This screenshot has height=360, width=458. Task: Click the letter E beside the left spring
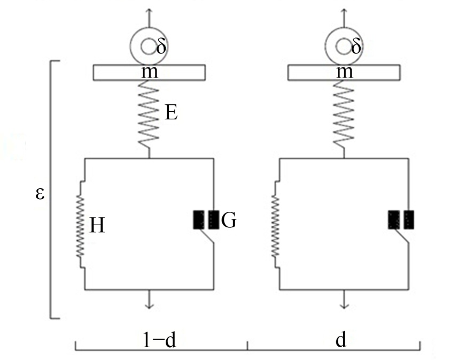click(171, 113)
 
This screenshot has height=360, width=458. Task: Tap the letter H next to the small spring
click(97, 225)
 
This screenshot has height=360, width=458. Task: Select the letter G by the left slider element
click(229, 220)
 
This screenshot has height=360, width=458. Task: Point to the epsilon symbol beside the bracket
click(40, 194)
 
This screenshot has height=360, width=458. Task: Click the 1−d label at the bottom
click(160, 340)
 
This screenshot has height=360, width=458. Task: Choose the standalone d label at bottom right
click(341, 340)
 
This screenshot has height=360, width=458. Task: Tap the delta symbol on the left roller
click(161, 46)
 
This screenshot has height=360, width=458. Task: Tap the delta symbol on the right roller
click(356, 46)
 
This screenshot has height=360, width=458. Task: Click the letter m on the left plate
click(150, 72)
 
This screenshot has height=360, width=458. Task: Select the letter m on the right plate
click(345, 72)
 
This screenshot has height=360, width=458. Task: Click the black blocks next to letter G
click(206, 220)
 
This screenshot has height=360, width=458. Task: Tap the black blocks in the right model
click(401, 220)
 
